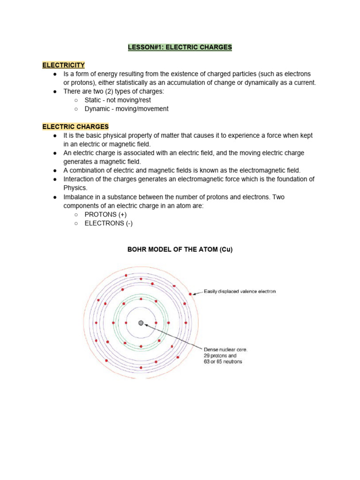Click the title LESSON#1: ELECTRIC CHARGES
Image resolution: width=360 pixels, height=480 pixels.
pyautogui.click(x=180, y=47)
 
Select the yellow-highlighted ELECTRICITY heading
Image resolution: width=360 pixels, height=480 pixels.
pyautogui.click(x=64, y=65)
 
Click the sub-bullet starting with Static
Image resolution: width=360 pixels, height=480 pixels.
pyautogui.click(x=118, y=100)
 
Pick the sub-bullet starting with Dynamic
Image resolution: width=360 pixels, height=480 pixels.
pyautogui.click(x=126, y=109)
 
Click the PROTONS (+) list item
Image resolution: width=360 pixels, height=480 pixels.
pyautogui.click(x=105, y=214)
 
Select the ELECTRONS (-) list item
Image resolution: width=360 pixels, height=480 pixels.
pyautogui.click(x=108, y=223)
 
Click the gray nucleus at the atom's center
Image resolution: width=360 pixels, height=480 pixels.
pyautogui.click(x=141, y=323)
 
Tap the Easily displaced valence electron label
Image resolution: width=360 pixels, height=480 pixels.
pyautogui.click(x=240, y=292)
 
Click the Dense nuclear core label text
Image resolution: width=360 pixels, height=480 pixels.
pyautogui.click(x=225, y=350)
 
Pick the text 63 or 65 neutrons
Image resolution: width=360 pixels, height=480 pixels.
pyautogui.click(x=223, y=362)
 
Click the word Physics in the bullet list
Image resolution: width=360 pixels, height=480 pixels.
pyautogui.click(x=75, y=188)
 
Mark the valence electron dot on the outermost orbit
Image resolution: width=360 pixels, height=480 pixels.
pyautogui.click(x=190, y=294)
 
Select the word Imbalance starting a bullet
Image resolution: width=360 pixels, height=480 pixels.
pyautogui.click(x=80, y=197)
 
